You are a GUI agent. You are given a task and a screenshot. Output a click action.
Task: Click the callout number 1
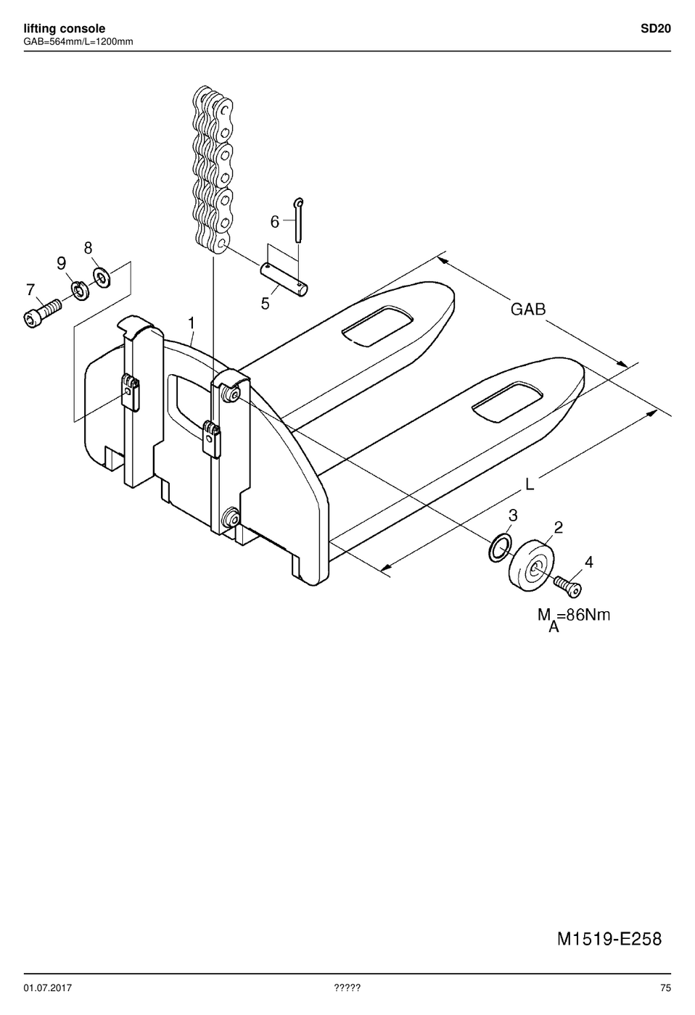192,323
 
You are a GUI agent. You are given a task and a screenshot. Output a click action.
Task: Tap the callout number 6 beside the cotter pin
275,222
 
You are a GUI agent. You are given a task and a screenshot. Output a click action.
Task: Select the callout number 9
62,262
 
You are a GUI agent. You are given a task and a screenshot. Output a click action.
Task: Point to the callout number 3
513,515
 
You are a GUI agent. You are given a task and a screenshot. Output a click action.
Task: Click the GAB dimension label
528,310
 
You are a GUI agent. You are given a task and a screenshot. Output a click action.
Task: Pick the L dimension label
530,484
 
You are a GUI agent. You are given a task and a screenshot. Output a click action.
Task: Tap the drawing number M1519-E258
609,940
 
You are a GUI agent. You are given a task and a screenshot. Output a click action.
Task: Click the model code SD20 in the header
656,28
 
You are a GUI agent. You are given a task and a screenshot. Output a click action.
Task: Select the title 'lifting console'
65,28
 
